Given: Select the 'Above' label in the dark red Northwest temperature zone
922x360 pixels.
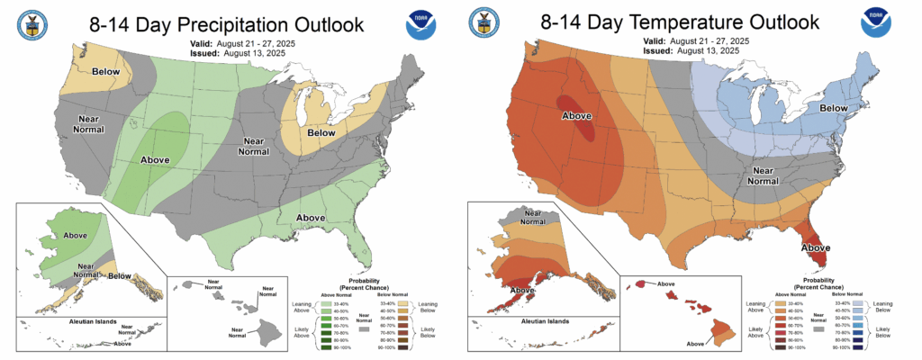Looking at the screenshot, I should click(576, 117).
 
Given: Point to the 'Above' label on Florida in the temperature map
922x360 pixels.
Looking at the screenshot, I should click(815, 247).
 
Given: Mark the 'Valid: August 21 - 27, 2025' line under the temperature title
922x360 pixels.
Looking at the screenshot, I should click(693, 41).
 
